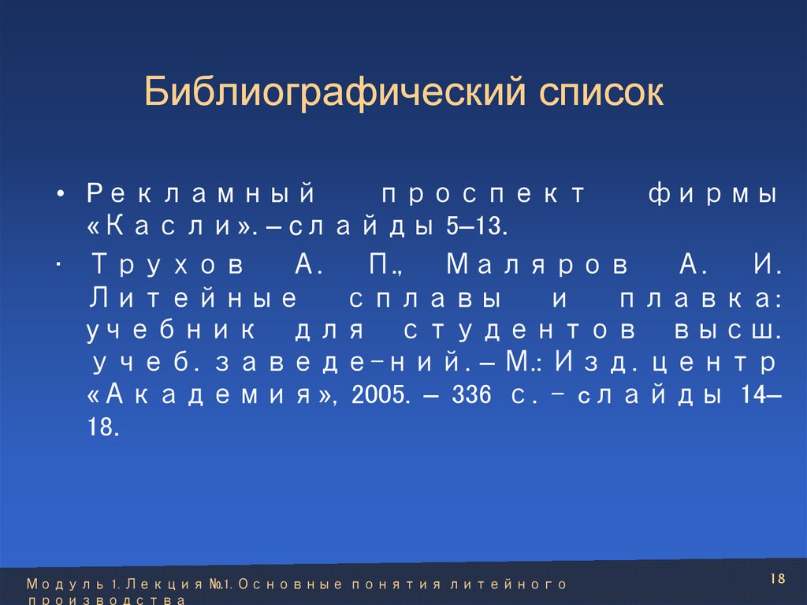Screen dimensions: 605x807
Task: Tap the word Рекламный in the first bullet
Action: point(201,194)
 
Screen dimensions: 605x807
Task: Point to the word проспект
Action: point(484,194)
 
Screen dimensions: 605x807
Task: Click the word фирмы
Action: point(714,194)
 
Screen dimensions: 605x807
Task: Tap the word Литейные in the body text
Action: point(194,298)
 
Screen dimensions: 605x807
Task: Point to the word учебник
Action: point(177,331)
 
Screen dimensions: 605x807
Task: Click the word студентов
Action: point(504,331)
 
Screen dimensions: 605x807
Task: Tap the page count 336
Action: point(472,394)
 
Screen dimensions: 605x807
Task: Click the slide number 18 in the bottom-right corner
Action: point(779,579)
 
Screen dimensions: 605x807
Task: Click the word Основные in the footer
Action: point(291,584)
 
